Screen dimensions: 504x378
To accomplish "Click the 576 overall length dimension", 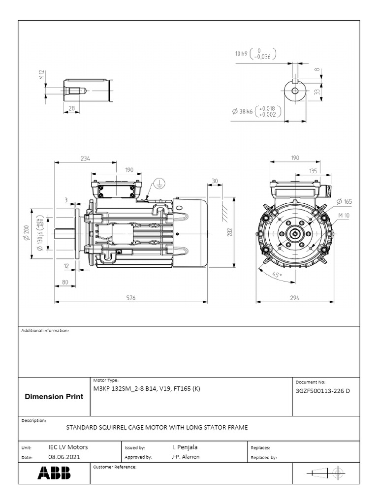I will tap(130, 298).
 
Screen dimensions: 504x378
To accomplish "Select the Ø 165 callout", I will tap(345, 201).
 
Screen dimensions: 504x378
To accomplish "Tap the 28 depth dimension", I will tap(72, 108).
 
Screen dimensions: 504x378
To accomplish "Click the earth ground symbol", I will tap(159, 184).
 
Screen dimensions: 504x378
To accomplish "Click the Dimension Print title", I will tap(54, 397).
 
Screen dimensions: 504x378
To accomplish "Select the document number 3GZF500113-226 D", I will tap(322, 391).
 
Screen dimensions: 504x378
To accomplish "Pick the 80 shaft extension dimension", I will tap(65, 282).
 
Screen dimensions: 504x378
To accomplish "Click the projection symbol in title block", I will tap(325, 473).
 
